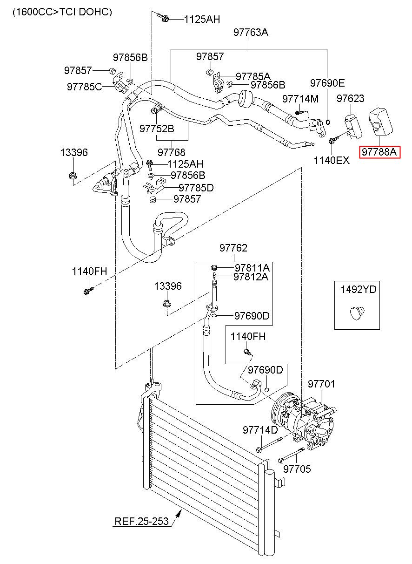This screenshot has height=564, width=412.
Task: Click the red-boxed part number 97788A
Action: (379, 152)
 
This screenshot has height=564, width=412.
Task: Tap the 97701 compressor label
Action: (321, 384)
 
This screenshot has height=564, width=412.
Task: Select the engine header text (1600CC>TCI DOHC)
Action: (62, 12)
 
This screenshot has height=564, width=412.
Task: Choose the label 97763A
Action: (251, 32)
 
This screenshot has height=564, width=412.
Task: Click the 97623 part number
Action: (351, 98)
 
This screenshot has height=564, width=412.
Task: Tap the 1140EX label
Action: (332, 160)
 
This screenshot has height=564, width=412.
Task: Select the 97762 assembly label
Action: (233, 248)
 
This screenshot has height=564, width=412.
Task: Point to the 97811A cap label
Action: (252, 268)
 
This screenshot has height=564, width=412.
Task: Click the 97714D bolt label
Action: (260, 430)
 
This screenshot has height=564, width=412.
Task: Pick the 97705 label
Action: (297, 469)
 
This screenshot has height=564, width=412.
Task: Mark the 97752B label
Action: (157, 129)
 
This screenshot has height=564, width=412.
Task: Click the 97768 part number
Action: (172, 152)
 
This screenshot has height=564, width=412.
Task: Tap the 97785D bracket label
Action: (196, 188)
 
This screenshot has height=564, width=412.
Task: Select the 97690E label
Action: (327, 83)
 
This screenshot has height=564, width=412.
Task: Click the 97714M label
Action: (300, 99)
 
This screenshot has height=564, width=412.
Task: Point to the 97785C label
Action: (85, 87)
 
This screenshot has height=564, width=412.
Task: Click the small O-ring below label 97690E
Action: (328, 122)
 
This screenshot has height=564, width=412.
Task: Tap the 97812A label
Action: (251, 277)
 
